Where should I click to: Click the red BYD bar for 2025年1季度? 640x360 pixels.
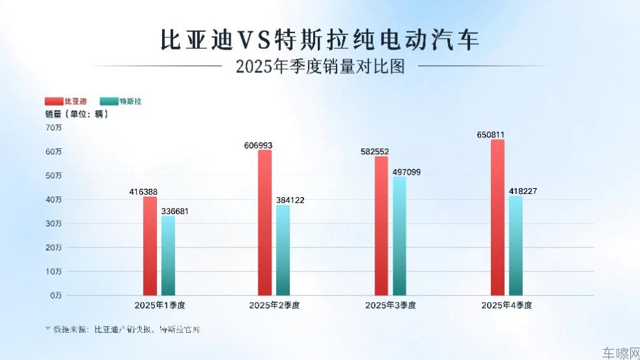(x=150, y=246)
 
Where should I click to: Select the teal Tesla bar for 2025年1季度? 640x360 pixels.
(x=168, y=256)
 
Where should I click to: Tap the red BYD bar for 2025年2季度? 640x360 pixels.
(x=264, y=223)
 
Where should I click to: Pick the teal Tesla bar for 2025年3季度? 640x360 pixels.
(x=399, y=236)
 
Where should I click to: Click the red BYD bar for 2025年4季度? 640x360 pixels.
(x=497, y=217)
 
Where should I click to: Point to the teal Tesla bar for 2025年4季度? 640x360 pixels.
(x=516, y=245)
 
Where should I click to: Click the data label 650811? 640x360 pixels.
(x=491, y=135)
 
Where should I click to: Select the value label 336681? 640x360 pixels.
(x=174, y=211)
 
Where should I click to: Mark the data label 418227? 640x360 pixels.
(x=523, y=191)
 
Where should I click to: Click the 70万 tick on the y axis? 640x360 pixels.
(x=53, y=128)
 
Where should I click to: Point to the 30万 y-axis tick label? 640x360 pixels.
(x=53, y=223)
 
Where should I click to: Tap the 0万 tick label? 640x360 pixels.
(x=55, y=296)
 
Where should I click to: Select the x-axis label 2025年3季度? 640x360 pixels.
(x=390, y=305)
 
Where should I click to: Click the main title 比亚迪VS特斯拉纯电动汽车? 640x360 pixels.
(x=320, y=40)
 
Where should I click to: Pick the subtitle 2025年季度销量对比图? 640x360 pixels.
(x=320, y=66)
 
